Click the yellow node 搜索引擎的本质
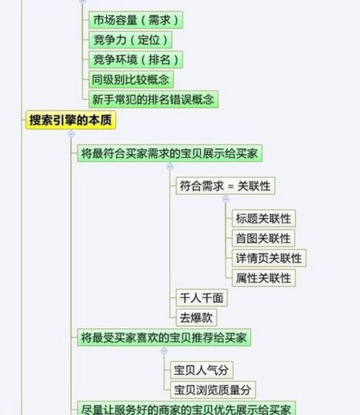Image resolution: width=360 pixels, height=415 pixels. pos(71,120)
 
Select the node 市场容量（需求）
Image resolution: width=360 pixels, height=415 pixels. pos(136,20)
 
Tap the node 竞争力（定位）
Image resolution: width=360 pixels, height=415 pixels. pos(131,39)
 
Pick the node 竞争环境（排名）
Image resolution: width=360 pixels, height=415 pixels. pos(136,59)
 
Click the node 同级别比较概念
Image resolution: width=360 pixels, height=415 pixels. pos(131,80)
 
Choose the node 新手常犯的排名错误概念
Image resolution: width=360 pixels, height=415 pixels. pos(153,99)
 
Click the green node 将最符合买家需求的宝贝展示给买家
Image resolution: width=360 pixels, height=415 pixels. pos(169,153)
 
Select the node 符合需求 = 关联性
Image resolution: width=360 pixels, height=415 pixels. pos(225,186)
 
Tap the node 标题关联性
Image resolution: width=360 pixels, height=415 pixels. pos(264,219)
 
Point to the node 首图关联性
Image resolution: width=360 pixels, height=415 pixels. pos(263,238)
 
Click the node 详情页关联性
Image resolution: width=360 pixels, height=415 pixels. pos(269,258)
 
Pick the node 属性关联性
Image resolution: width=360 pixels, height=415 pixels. pos(264,278)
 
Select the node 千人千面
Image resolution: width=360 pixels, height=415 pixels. pos(202,297)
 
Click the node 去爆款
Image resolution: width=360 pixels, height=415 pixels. pos(196,318)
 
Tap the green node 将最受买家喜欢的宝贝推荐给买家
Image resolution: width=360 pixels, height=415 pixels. pos(164,338)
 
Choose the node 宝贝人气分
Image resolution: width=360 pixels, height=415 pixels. pos(202,370)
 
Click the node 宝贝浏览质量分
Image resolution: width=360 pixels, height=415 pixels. pos(213,390)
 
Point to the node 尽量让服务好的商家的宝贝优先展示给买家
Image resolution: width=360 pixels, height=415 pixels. pos(186,408)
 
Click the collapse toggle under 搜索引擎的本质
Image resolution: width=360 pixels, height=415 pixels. pos(71,134)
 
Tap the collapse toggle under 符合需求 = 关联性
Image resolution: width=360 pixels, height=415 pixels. pos(226,199)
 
